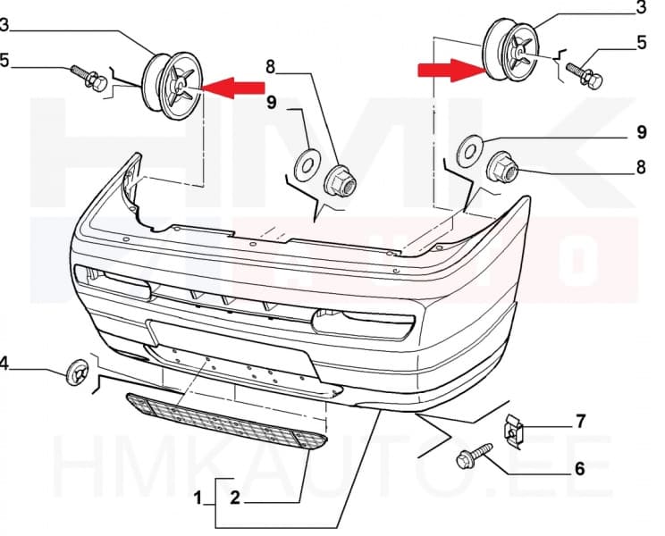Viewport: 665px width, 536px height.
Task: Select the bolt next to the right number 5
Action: [x=585, y=74]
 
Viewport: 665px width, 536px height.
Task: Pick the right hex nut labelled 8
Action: [x=501, y=167]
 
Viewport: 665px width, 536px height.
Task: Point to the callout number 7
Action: [x=580, y=419]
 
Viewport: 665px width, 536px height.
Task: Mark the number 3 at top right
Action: [x=640, y=8]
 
